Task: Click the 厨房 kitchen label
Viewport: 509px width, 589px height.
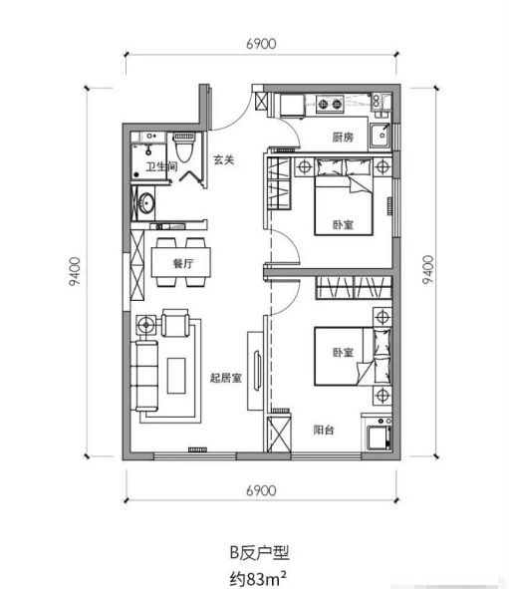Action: [343, 138]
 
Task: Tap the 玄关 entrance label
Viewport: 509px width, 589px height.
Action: [224, 160]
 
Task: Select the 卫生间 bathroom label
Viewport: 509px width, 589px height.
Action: [161, 166]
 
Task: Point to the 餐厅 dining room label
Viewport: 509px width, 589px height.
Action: [183, 263]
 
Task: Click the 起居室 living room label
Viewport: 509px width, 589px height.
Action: [225, 378]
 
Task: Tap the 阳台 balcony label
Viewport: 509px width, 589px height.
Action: [324, 430]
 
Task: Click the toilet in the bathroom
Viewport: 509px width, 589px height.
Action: [184, 147]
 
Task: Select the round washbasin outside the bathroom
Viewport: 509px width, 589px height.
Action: [145, 204]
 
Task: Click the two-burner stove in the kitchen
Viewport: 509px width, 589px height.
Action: [330, 104]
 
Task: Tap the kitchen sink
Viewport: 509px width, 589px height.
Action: [380, 135]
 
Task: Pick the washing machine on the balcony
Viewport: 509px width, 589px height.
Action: [379, 437]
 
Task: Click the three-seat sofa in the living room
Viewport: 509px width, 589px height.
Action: [144, 376]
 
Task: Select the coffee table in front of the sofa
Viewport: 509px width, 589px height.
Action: [176, 376]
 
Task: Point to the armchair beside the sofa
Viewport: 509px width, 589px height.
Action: [175, 323]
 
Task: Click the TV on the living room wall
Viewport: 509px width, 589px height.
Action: [258, 371]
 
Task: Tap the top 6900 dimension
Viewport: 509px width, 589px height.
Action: [261, 44]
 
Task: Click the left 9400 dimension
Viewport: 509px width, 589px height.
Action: [75, 271]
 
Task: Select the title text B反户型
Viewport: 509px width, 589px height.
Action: [259, 553]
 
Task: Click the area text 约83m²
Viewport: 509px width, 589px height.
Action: [258, 578]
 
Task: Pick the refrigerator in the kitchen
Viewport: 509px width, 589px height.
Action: [292, 106]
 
